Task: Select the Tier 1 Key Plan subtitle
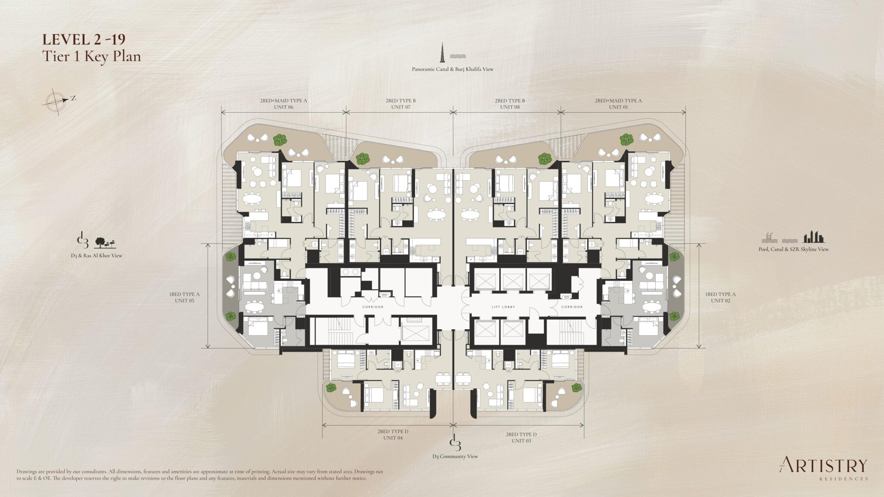point(92,56)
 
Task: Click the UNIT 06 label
point(284,107)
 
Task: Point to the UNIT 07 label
point(401,107)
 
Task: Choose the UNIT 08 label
point(510,107)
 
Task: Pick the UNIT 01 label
point(618,107)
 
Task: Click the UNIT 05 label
point(184,300)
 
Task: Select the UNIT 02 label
point(720,300)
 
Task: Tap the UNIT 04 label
point(393,438)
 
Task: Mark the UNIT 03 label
point(521,440)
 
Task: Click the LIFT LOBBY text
point(504,307)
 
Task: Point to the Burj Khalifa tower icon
point(443,52)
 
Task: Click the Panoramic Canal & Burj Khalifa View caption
point(452,69)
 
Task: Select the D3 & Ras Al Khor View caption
point(97,255)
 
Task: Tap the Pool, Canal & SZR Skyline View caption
point(793,249)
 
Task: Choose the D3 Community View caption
point(455,456)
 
